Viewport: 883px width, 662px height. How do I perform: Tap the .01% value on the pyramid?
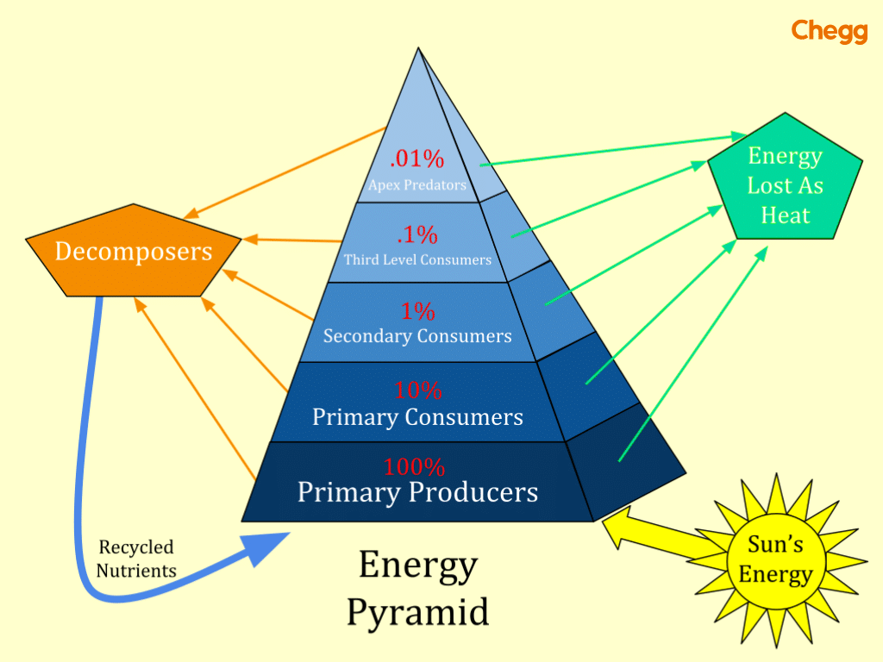416,159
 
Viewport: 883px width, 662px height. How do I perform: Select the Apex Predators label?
416,184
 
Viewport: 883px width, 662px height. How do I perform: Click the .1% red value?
416,234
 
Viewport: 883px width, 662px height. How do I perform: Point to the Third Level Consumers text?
417,259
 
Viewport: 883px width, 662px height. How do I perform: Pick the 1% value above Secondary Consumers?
417,311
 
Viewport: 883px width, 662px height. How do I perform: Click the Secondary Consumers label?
417,336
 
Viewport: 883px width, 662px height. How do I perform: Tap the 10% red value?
417,390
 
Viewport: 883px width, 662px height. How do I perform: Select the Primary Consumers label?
417,417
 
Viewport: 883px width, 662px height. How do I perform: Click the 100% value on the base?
415,467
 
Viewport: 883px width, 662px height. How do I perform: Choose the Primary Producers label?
417,493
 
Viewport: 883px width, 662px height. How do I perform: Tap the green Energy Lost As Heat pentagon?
785,184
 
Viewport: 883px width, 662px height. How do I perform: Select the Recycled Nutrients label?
135,559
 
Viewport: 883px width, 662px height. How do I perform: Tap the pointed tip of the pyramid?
420,50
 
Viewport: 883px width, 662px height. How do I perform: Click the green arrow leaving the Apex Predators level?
604,151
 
